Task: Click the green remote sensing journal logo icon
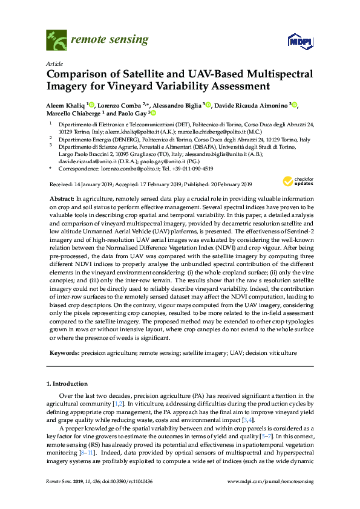click(56, 41)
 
